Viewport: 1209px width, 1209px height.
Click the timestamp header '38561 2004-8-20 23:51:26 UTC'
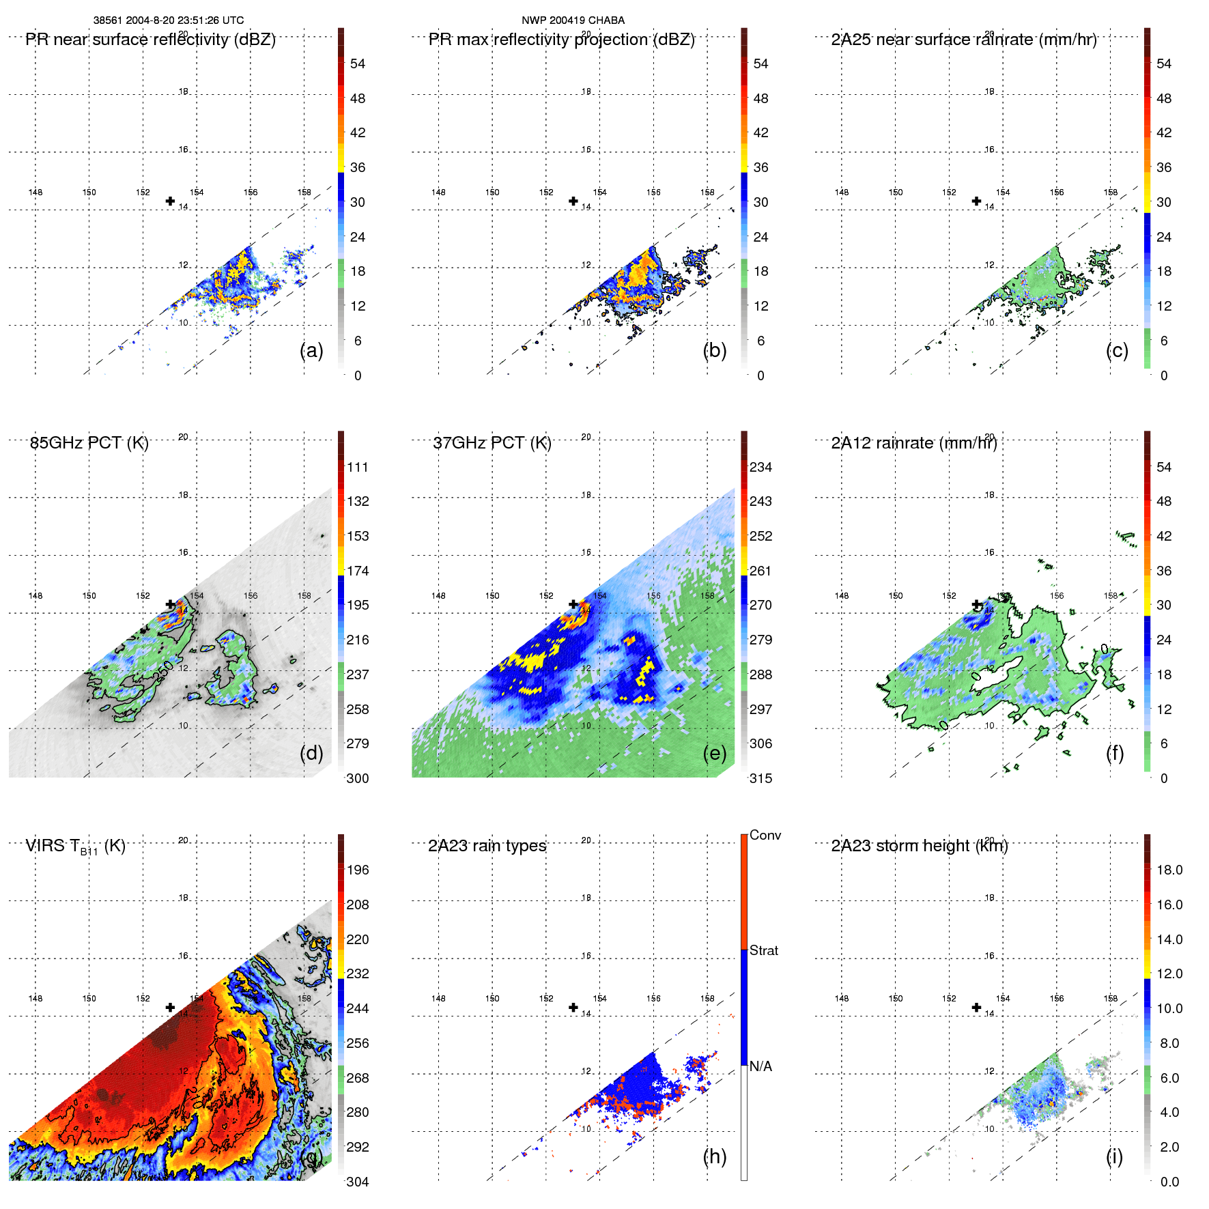click(168, 20)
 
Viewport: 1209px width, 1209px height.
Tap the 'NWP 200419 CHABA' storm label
click(573, 20)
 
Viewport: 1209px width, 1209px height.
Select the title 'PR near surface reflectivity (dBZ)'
click(150, 40)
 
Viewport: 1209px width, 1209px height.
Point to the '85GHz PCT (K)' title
click(89, 443)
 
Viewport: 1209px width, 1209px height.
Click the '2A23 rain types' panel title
click(487, 846)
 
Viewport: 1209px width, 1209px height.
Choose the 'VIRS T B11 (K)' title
click(75, 847)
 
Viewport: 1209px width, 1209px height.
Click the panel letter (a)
click(311, 350)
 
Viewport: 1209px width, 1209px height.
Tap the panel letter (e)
click(714, 753)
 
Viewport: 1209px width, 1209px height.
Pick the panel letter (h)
click(714, 1156)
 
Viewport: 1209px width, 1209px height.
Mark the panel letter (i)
click(1114, 1156)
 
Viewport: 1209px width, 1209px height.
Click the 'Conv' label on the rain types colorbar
click(765, 836)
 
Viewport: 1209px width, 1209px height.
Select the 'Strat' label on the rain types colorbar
click(763, 951)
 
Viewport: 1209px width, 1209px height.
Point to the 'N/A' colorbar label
click(760, 1066)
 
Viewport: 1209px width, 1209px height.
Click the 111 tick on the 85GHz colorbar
click(357, 468)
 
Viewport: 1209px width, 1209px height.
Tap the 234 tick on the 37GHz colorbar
click(760, 468)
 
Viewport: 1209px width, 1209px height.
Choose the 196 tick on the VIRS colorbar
click(357, 870)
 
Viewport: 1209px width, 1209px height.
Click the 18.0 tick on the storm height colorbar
click(1169, 870)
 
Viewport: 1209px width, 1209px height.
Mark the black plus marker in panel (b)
click(573, 201)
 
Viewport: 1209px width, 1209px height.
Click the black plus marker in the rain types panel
click(573, 1008)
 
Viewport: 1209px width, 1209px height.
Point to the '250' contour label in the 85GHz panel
click(164, 671)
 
